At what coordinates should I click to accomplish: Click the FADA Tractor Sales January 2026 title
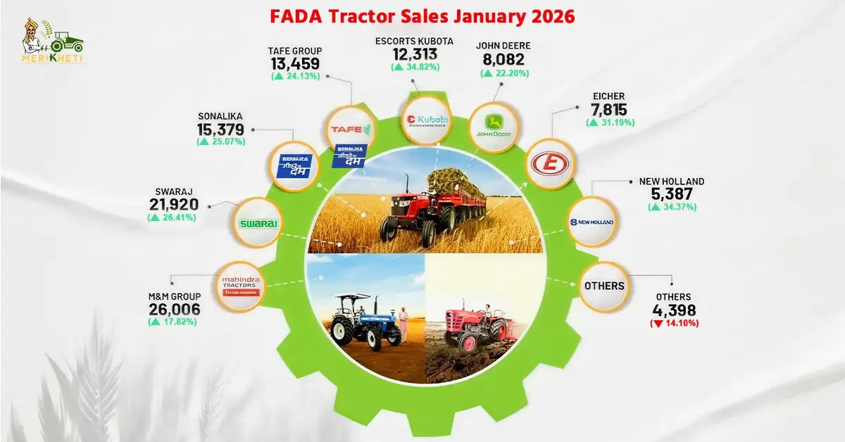coord(422,15)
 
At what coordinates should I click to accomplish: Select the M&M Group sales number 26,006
coord(175,309)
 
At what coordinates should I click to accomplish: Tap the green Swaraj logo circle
coord(258,223)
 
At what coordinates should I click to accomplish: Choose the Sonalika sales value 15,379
coord(221,130)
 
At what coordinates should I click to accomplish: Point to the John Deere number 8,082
coord(504,60)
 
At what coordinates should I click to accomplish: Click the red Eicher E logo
coord(551,165)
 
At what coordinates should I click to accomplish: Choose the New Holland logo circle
coord(591,222)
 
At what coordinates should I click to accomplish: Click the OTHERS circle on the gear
coord(603,286)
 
